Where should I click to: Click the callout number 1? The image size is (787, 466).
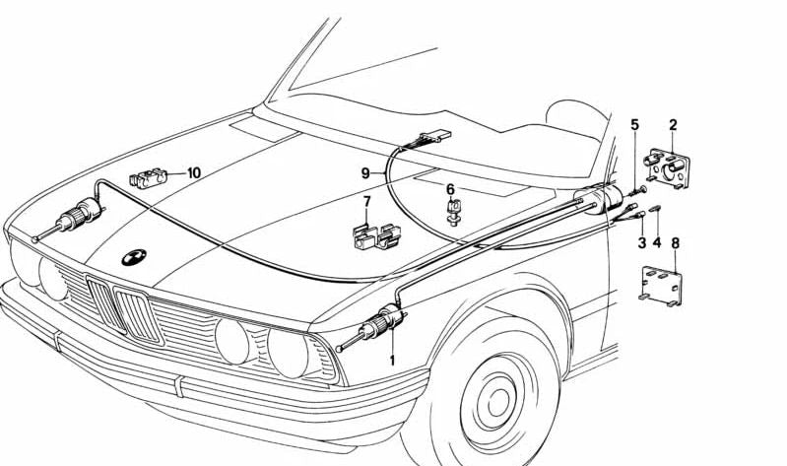[392, 360]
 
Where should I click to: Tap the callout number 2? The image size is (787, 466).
[673, 125]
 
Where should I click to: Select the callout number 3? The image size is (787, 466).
[641, 242]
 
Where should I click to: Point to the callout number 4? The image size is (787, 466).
[657, 242]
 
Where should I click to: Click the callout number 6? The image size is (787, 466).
[450, 189]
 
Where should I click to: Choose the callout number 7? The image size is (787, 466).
[366, 203]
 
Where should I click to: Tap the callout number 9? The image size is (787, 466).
[365, 172]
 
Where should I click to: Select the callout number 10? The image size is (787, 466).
[193, 172]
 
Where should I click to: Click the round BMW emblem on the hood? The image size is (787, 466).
[133, 258]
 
